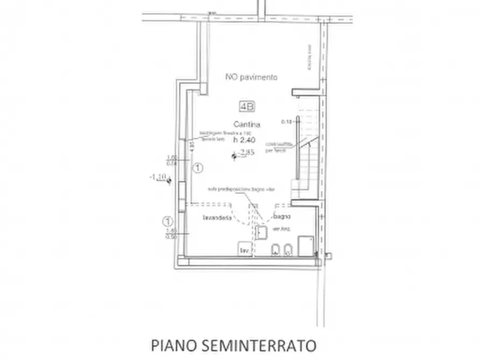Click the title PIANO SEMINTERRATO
point(233,344)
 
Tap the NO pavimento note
point(251,77)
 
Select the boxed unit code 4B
point(248,107)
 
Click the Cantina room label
point(247,125)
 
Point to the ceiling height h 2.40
point(245,139)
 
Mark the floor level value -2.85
point(247,153)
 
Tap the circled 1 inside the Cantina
point(198,168)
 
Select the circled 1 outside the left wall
point(168,221)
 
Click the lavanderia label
point(217,219)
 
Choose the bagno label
point(282,217)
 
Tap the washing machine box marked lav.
point(246,250)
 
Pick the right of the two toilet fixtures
point(289,250)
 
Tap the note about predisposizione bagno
point(242,190)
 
